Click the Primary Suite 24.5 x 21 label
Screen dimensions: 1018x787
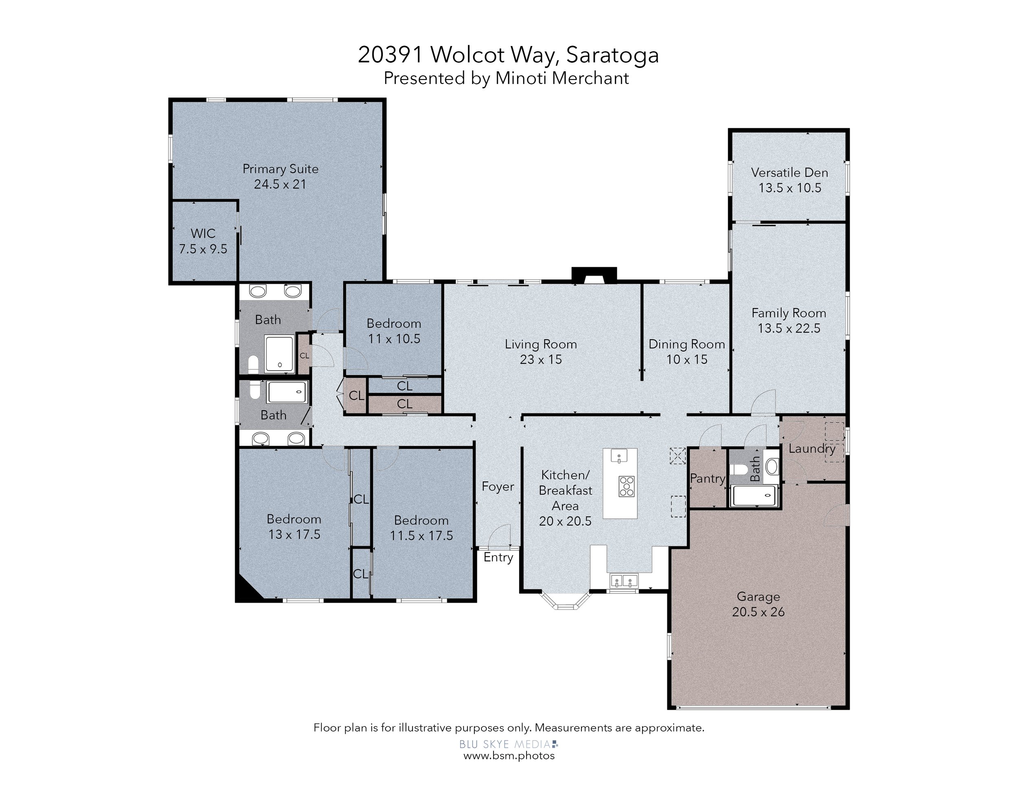pos(280,176)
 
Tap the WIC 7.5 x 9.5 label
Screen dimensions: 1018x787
pos(203,241)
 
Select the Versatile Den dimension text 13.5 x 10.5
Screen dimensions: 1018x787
pos(790,188)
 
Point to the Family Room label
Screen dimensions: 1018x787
pos(789,313)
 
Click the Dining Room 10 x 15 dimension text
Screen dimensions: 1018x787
pos(687,359)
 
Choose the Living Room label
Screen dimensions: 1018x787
pos(541,344)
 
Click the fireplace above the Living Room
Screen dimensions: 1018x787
pos(594,275)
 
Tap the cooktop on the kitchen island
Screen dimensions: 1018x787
pos(626,486)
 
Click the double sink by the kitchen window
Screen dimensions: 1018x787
pos(624,581)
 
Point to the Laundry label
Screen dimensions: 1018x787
pos(812,448)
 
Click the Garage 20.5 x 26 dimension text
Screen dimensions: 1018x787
pos(758,612)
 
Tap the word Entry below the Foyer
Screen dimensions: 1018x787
pos(498,558)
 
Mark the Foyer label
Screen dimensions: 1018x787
pos(498,487)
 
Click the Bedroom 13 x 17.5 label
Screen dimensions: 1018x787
pos(294,526)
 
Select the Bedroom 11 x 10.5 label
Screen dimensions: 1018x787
pos(394,331)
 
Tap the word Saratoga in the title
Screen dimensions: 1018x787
pos(612,55)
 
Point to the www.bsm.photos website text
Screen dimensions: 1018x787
pos(509,756)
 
